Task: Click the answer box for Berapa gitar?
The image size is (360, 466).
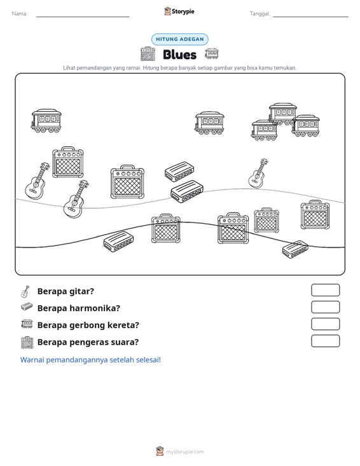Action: point(325,290)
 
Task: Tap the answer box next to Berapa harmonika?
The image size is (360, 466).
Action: point(325,307)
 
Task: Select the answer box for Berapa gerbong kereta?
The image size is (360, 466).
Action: point(325,324)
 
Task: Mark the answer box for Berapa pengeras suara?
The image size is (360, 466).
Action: point(325,341)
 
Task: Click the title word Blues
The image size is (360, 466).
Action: point(179,55)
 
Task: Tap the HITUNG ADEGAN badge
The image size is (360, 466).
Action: point(180,39)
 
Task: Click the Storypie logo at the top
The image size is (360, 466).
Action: point(179,11)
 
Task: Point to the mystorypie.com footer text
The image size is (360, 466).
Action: point(184,452)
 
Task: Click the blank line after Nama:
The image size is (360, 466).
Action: point(83,17)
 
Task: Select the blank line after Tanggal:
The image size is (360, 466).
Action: point(310,17)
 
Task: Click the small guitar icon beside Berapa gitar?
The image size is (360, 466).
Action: point(25,292)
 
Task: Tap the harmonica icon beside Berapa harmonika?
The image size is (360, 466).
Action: point(27,307)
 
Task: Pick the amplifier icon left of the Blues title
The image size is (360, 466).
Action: point(148,54)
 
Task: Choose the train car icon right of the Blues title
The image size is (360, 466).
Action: point(212,54)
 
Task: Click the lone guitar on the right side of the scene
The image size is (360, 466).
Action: point(258,174)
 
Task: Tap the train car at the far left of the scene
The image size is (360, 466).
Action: point(46,121)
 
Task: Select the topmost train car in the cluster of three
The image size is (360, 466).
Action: point(282,113)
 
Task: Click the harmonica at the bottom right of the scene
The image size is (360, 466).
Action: point(295,249)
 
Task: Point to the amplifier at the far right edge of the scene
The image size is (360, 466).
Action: point(315,215)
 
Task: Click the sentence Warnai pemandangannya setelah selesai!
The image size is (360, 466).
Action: point(90,360)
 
